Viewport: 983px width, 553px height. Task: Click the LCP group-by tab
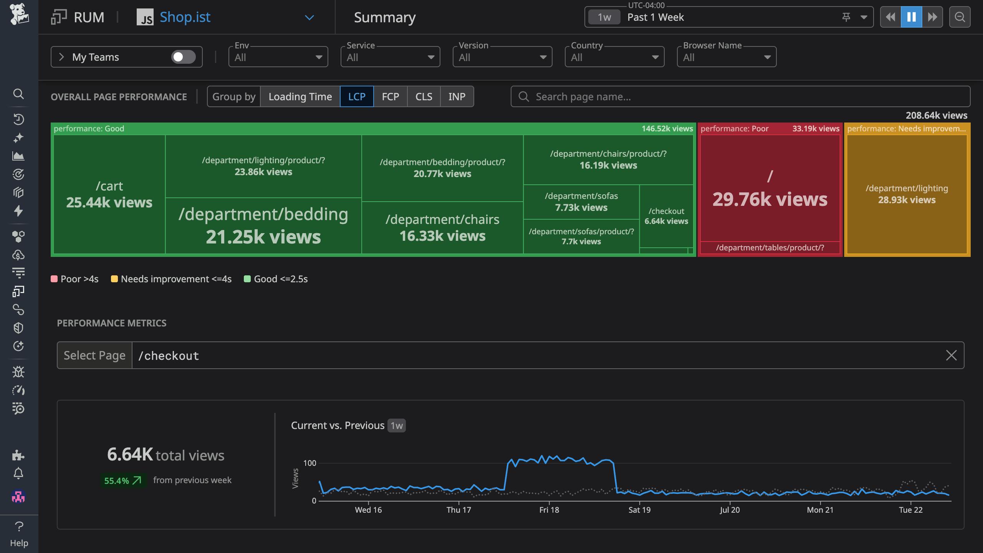(356, 96)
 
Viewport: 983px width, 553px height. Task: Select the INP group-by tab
(457, 96)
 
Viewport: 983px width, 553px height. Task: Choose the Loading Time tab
(300, 96)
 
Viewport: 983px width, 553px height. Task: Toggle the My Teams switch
(183, 57)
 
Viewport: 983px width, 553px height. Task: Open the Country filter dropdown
(614, 57)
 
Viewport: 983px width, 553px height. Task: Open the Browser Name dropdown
(726, 57)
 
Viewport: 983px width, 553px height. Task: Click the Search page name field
(740, 96)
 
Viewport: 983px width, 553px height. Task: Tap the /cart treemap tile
(109, 194)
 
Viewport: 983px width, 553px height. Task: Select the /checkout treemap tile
(666, 216)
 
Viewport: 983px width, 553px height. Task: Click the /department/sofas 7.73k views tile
(581, 202)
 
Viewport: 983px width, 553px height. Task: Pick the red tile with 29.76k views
(770, 188)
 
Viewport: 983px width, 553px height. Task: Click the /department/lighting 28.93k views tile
(907, 194)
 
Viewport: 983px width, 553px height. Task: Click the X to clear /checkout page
(951, 355)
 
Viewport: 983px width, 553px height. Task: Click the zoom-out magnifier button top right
(960, 17)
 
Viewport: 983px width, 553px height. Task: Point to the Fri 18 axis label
(549, 510)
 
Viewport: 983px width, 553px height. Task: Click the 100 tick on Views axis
(309, 463)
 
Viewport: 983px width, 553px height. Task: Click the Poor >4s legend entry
(75, 279)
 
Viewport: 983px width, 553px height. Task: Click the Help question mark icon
(19, 526)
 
